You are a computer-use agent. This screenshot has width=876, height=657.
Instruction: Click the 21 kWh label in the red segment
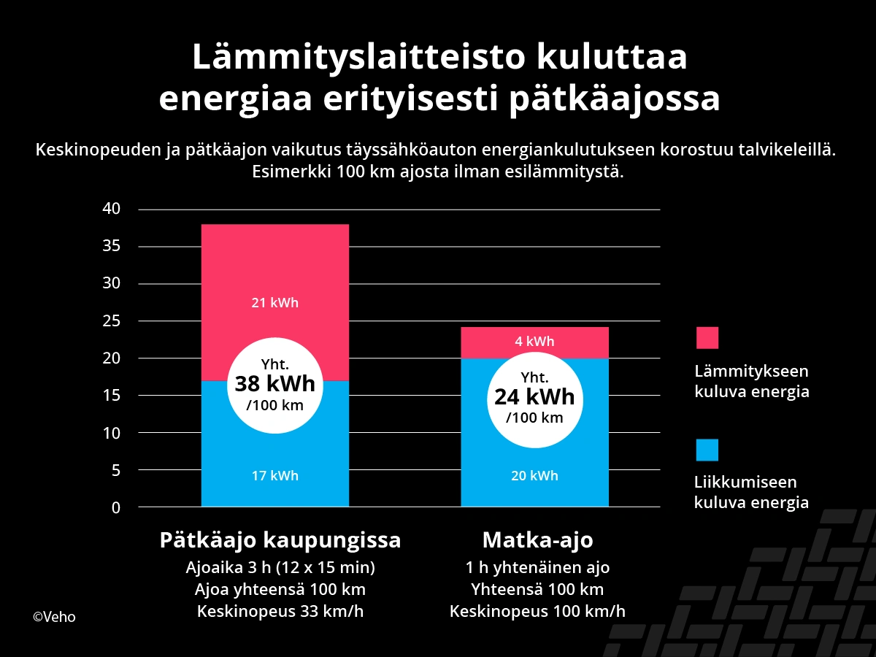274,303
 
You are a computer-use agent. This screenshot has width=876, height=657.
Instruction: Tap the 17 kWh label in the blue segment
274,476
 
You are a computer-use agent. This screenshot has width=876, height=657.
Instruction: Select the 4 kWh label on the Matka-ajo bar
534,341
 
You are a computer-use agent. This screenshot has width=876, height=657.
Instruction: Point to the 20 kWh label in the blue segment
534,476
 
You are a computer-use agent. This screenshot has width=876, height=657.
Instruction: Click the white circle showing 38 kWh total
274,385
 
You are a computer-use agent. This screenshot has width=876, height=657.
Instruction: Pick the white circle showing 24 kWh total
534,398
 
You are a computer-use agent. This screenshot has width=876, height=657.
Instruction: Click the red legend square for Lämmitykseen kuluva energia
707,338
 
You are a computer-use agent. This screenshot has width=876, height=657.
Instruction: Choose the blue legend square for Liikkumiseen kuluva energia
707,450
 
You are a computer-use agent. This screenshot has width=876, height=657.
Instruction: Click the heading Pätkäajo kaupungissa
280,541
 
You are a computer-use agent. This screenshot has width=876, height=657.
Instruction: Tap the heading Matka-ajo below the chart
537,541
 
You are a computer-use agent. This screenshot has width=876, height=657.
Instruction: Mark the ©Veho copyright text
54,617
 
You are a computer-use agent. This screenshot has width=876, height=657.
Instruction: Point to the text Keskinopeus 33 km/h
280,612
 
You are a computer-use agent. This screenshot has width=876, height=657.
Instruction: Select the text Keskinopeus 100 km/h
537,612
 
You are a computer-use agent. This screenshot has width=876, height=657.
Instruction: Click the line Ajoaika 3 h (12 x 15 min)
280,567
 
